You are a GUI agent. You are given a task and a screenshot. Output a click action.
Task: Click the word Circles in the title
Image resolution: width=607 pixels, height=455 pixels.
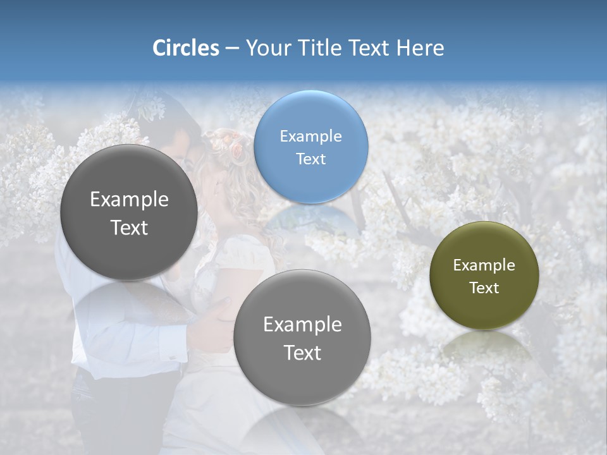[185, 48]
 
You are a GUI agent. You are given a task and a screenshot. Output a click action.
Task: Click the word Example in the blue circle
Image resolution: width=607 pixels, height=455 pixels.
[310, 136]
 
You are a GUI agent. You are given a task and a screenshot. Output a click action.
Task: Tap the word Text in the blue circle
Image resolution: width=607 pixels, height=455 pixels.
[310, 159]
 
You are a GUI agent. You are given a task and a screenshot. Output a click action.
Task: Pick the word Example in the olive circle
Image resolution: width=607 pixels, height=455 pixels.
[484, 265]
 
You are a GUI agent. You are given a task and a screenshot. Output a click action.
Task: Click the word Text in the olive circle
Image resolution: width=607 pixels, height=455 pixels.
[484, 288]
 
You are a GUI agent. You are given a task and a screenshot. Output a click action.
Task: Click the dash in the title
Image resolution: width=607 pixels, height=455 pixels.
[232, 49]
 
